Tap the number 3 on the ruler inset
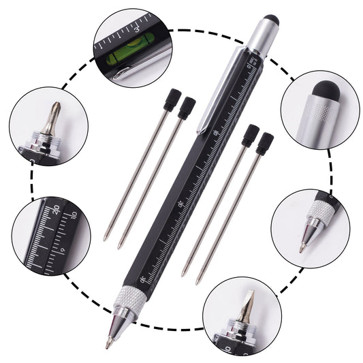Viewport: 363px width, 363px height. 138,29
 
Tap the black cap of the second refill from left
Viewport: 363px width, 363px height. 187,106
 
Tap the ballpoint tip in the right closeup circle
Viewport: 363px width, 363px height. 300,247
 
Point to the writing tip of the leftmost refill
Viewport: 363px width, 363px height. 105,238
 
